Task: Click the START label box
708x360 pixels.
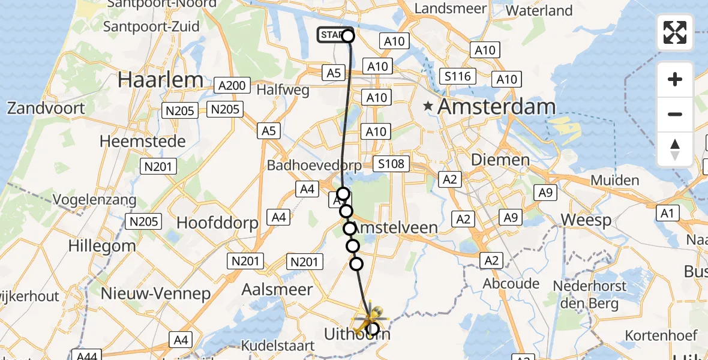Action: pos(331,35)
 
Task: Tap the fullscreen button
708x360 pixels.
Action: pos(675,32)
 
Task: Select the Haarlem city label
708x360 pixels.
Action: pos(160,80)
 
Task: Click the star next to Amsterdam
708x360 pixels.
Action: pos(428,107)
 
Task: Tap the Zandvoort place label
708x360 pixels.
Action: pos(46,108)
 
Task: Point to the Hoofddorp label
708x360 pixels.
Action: pos(217,223)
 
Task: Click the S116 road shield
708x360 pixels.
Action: pos(457,76)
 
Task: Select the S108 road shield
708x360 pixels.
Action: pos(391,164)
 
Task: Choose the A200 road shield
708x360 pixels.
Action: pos(232,86)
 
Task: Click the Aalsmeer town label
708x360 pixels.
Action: pos(277,290)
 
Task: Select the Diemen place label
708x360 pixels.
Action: pos(500,160)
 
